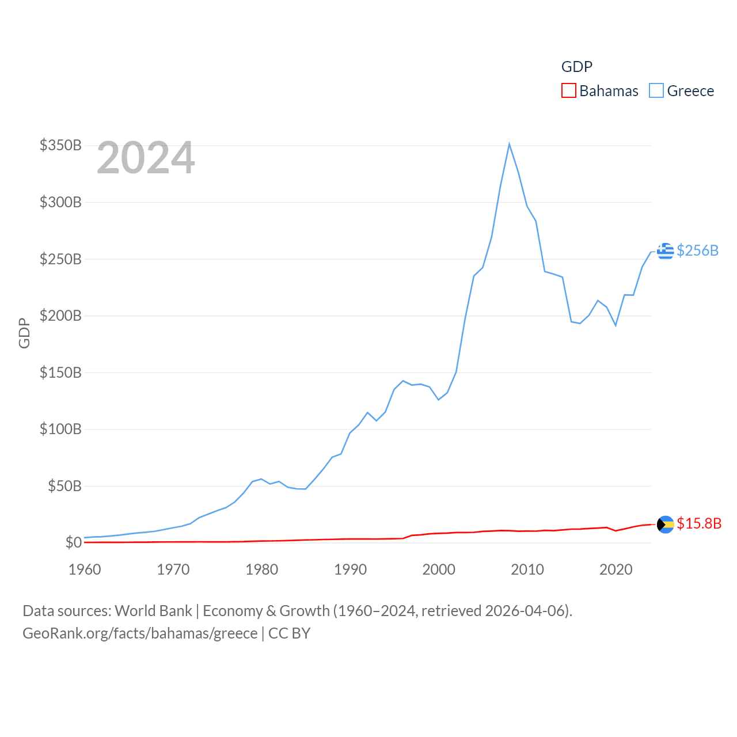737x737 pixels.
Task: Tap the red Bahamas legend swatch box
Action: click(x=568, y=90)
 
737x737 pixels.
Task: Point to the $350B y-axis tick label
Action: click(x=60, y=145)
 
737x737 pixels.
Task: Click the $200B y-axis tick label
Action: click(x=60, y=316)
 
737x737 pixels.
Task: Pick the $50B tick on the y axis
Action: click(x=64, y=486)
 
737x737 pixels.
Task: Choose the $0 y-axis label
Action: click(x=73, y=542)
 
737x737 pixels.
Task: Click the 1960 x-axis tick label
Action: click(x=85, y=569)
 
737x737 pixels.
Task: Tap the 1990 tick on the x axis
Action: click(x=350, y=569)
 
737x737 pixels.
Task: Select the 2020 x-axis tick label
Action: click(x=616, y=569)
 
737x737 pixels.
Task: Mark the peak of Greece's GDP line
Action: click(x=509, y=144)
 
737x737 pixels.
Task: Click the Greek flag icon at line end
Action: click(x=665, y=251)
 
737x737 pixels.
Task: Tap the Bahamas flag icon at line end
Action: click(x=665, y=524)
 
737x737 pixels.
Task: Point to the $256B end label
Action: click(x=697, y=250)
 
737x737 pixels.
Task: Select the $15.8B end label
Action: click(x=699, y=523)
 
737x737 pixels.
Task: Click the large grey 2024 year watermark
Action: click(x=146, y=158)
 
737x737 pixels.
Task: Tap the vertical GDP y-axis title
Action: click(x=24, y=333)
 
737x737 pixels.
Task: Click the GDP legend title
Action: click(x=576, y=67)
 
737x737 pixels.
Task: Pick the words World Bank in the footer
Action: click(x=153, y=610)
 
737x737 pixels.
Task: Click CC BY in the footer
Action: click(x=289, y=633)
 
